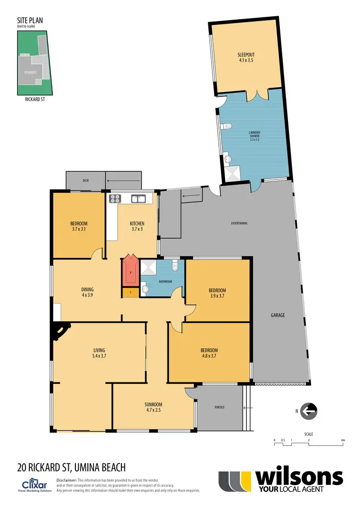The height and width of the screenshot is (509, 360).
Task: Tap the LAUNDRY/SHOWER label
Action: click(x=254, y=136)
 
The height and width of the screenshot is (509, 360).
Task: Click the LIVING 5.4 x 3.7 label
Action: click(x=99, y=353)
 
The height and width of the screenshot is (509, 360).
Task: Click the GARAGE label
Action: click(x=277, y=315)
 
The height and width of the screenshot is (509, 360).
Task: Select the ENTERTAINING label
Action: click(x=239, y=223)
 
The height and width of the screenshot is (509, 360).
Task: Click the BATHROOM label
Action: click(x=166, y=282)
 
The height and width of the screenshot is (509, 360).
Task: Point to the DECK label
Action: click(x=85, y=181)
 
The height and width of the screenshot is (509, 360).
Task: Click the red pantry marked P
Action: click(x=131, y=272)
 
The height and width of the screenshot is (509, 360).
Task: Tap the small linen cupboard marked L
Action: click(x=130, y=292)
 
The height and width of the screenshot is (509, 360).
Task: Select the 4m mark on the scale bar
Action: click(x=343, y=440)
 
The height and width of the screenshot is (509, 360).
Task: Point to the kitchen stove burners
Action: click(x=115, y=198)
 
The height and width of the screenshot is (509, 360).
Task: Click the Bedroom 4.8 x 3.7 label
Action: click(x=209, y=353)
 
